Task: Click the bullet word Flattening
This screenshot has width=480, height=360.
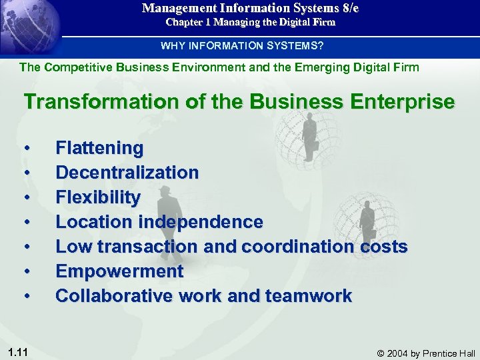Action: point(99,148)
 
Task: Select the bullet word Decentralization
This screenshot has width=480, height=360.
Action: point(127,173)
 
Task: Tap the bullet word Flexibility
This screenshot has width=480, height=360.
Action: point(98,197)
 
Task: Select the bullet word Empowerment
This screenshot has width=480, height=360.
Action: point(119,271)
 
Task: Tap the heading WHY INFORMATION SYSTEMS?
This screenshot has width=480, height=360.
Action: point(242,46)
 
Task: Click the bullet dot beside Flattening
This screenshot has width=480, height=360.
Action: point(27,148)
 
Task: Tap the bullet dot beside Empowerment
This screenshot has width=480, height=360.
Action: point(27,271)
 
